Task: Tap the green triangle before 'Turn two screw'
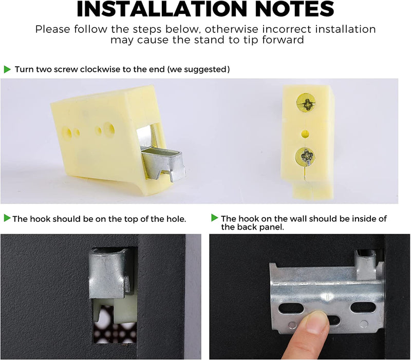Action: [x=7, y=69]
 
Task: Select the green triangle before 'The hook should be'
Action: [x=7, y=218]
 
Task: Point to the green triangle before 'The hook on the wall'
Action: [x=215, y=218]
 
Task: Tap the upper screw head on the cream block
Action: [x=306, y=102]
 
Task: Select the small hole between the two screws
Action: [x=305, y=134]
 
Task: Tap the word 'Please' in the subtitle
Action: [x=53, y=29]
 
